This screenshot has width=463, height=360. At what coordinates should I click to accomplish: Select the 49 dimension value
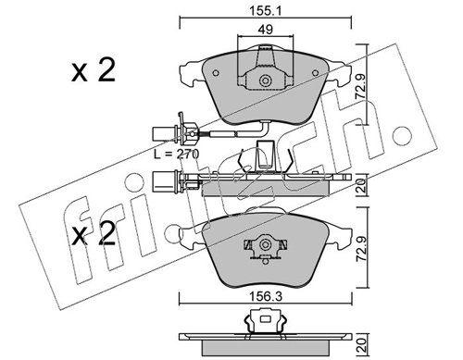coord(265,31)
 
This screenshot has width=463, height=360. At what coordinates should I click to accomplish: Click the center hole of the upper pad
coord(265,81)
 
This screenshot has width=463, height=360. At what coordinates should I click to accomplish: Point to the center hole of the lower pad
coord(265,247)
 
